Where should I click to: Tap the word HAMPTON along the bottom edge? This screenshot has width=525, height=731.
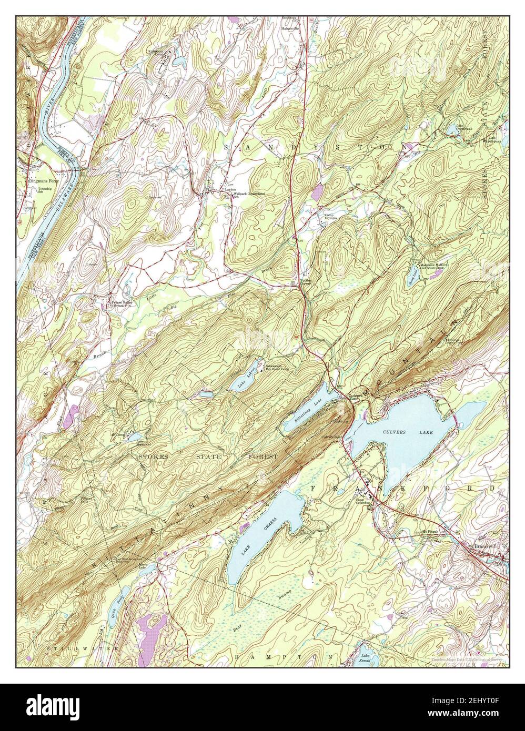pos(284,657)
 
